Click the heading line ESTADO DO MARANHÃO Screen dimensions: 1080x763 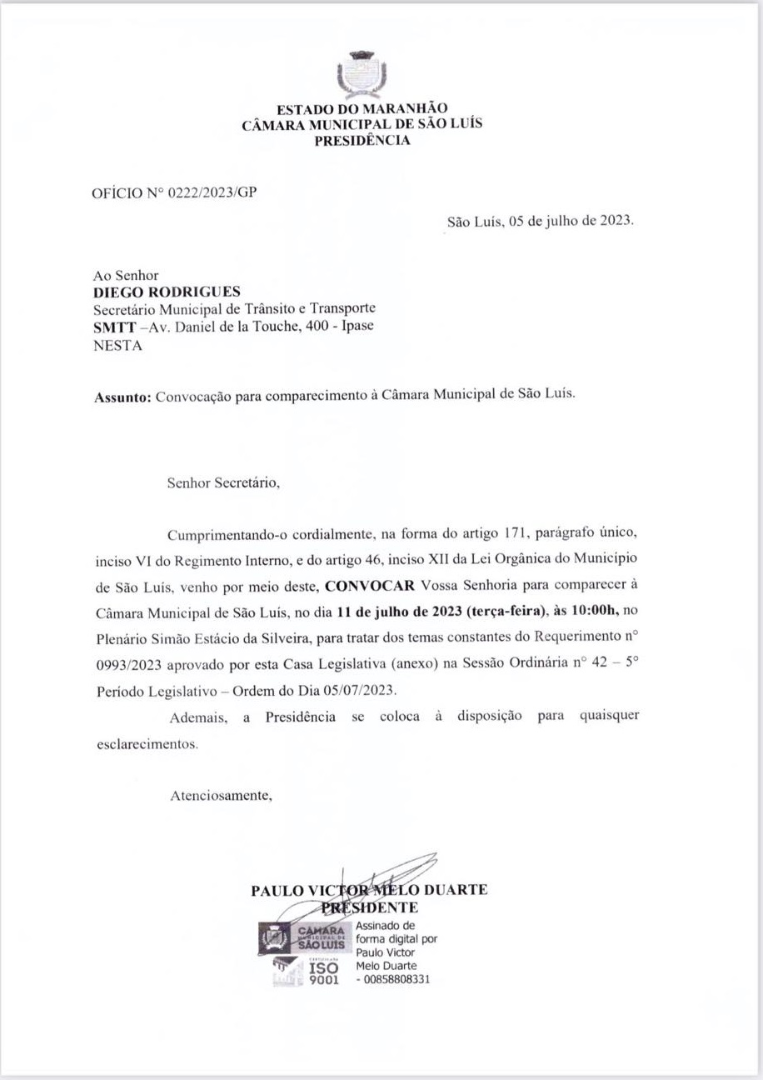coord(362,109)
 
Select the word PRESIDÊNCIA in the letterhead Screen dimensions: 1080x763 coord(362,140)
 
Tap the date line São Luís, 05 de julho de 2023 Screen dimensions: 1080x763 coord(540,222)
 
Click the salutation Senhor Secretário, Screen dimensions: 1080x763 coord(223,482)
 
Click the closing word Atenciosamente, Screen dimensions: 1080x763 coord(221,795)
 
